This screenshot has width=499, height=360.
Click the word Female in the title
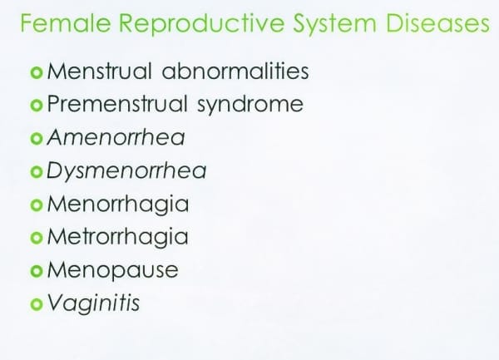click(66, 23)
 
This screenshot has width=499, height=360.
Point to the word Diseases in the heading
click(438, 23)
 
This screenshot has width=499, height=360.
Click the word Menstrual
click(99, 71)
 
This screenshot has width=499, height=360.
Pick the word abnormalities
click(235, 71)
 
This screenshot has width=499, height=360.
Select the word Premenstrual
click(116, 104)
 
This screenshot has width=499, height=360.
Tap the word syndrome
click(250, 105)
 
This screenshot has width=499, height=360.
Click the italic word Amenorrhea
click(116, 137)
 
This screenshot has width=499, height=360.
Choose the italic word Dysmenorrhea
click(126, 171)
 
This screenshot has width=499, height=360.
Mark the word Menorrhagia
click(118, 205)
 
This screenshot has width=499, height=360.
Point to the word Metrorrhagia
click(118, 238)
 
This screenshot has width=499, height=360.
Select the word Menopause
click(112, 271)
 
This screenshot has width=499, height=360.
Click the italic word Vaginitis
click(93, 303)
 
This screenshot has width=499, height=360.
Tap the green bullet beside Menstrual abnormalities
click(37, 72)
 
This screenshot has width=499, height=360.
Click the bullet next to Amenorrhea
click(37, 139)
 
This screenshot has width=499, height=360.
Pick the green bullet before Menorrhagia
click(37, 205)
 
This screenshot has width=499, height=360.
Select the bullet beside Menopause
click(37, 271)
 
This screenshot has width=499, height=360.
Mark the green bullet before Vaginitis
click(37, 304)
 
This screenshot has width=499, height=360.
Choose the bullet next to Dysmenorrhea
click(37, 172)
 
